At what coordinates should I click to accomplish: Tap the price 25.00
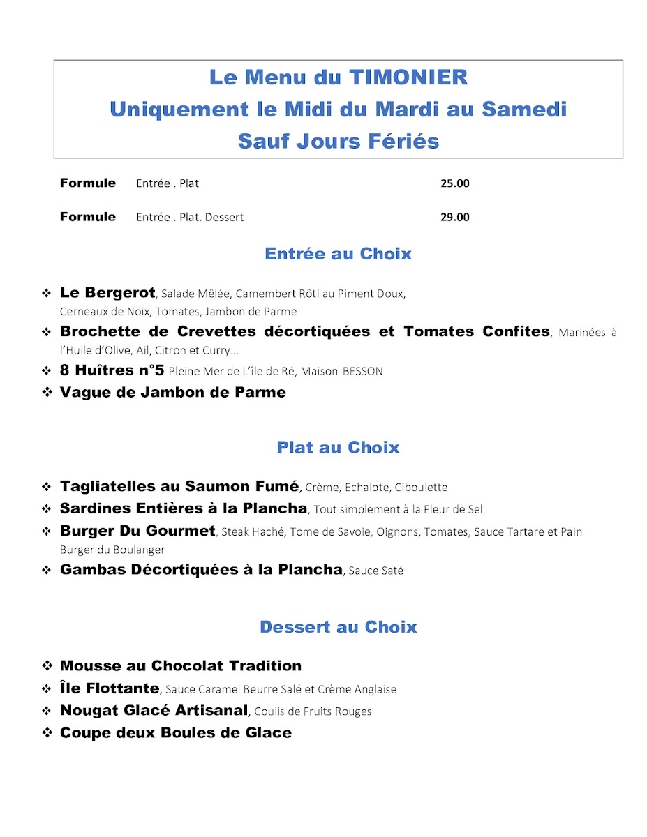click(455, 183)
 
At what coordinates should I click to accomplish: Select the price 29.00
click(455, 217)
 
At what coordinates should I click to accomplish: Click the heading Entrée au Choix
click(339, 254)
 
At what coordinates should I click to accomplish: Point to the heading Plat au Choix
click(339, 447)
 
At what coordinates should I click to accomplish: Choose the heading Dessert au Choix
click(339, 627)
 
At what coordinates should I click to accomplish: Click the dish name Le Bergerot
click(107, 293)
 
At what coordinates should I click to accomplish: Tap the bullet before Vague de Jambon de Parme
click(47, 393)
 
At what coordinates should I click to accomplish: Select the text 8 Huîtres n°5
click(112, 370)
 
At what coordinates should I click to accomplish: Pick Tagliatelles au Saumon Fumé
click(179, 486)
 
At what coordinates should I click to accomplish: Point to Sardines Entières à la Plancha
click(184, 508)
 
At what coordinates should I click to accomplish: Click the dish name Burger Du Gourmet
click(137, 531)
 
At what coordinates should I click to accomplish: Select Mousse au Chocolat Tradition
click(181, 665)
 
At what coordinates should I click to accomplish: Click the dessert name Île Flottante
click(110, 688)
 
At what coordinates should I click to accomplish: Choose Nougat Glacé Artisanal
click(154, 710)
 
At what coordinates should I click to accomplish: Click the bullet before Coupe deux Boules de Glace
click(47, 733)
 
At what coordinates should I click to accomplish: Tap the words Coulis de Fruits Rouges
click(313, 711)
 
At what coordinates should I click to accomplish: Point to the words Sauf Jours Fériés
click(339, 141)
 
